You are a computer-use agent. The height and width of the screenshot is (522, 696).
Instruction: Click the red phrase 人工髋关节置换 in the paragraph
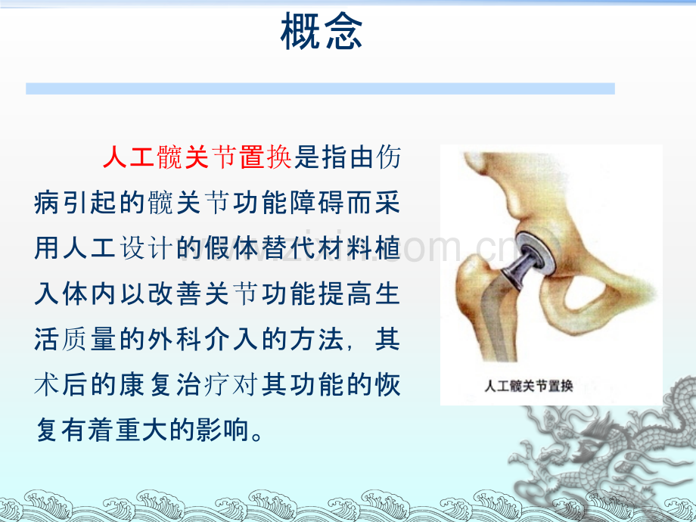coord(196,158)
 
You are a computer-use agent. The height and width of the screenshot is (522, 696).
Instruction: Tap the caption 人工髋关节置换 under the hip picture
coord(529,387)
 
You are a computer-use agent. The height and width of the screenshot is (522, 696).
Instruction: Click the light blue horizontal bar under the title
coord(320,89)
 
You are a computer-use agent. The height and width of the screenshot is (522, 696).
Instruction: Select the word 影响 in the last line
coord(228,430)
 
